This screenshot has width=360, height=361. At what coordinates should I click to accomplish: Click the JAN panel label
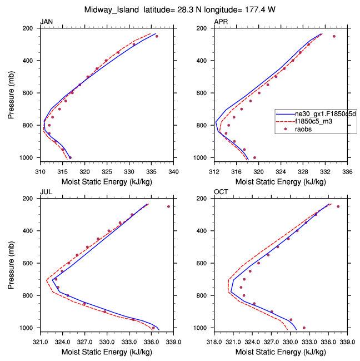(46, 22)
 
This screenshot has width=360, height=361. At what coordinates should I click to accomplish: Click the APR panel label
(221, 22)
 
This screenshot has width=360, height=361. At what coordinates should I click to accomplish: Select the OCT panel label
(221, 192)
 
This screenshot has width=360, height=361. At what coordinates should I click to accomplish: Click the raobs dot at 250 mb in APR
(334, 37)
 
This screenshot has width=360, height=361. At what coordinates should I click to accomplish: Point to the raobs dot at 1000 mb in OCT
(304, 328)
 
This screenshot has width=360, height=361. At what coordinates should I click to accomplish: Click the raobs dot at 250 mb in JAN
(157, 37)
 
